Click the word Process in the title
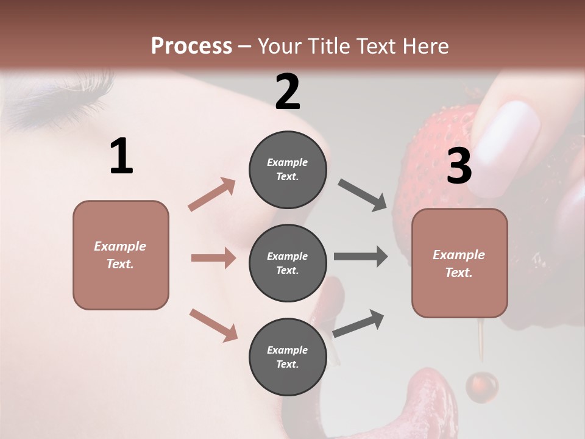click(x=191, y=46)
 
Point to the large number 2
click(x=288, y=92)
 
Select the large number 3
click(x=459, y=166)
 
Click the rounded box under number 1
click(x=121, y=255)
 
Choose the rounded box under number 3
click(x=459, y=263)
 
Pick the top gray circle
click(x=288, y=170)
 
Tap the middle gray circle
click(x=288, y=263)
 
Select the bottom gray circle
click(x=288, y=357)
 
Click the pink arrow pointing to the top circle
click(x=212, y=195)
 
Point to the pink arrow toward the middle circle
click(x=213, y=258)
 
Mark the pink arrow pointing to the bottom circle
click(x=213, y=324)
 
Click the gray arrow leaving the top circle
click(x=363, y=195)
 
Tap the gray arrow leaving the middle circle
click(x=361, y=257)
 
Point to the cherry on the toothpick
click(x=482, y=385)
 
